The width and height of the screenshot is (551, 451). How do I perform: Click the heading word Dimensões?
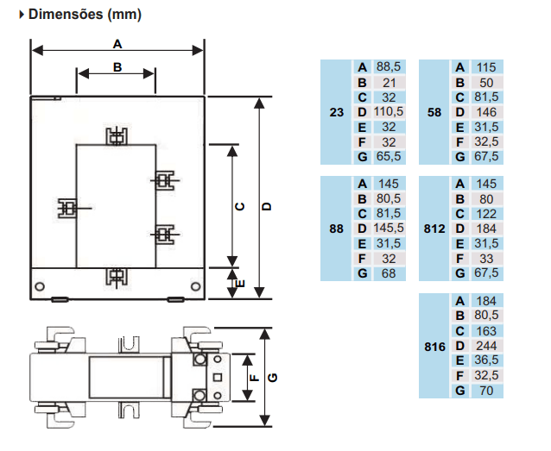[66, 15]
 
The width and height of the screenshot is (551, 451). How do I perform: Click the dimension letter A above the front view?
[117, 44]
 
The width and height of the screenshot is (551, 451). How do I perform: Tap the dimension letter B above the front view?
[117, 67]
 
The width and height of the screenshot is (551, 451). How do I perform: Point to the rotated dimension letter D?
[267, 206]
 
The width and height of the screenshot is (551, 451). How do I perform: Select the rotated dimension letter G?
[273, 378]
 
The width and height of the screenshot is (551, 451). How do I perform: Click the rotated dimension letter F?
[254, 378]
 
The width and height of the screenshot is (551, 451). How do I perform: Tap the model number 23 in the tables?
[336, 112]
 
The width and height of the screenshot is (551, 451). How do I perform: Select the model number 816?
[434, 347]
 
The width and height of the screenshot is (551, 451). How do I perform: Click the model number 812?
[434, 229]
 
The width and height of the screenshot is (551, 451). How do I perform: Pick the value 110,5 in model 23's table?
[389, 111]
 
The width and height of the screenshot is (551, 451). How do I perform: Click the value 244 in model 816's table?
[486, 346]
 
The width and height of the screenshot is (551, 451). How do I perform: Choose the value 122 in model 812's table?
[486, 214]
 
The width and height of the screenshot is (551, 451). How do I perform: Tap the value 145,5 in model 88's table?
[389, 229]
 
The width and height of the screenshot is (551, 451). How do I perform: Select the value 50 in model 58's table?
[486, 83]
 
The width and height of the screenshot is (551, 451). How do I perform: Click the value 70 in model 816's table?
[486, 391]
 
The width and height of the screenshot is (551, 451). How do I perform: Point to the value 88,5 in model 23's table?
[389, 66]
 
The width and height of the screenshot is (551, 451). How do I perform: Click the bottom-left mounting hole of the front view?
[40, 286]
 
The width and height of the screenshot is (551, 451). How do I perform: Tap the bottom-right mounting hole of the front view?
[196, 286]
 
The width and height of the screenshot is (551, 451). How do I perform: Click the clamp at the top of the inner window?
[117, 136]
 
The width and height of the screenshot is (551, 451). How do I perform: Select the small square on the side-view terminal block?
[218, 378]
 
